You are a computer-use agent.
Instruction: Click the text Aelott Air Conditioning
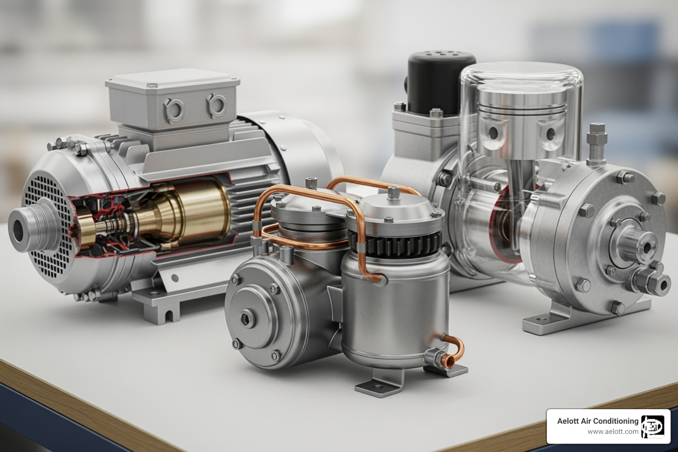(598, 421)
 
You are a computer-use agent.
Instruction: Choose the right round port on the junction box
(216, 104)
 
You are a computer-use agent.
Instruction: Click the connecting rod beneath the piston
(515, 177)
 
